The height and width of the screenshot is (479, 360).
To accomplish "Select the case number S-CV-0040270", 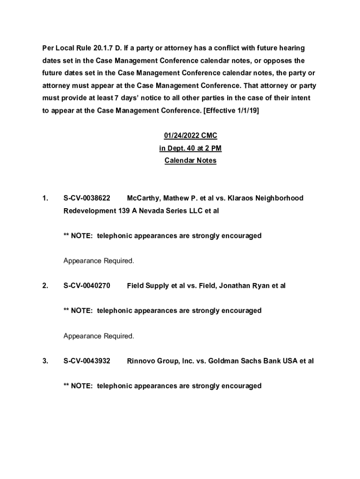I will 87,286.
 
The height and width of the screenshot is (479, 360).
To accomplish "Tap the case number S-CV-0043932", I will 87,361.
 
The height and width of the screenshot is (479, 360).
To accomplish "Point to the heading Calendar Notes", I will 190,161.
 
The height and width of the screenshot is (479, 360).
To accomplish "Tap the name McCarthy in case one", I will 143,198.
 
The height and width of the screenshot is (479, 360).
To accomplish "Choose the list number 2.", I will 45,286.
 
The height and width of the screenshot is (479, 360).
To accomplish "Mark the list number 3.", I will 45,361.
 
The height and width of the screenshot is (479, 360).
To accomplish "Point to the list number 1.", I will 45,198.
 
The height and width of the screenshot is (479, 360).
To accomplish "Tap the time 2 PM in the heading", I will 214,149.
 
